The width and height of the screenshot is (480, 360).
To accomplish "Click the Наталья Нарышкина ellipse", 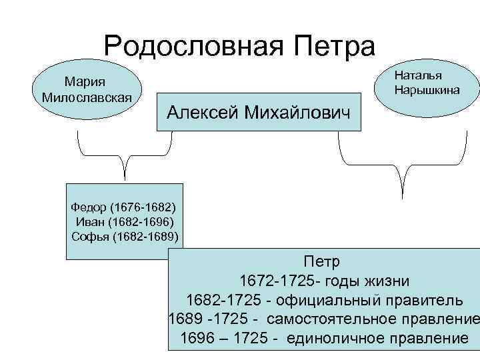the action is point(427,81).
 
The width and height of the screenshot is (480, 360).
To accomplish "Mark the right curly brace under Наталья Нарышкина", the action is point(402,167).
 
